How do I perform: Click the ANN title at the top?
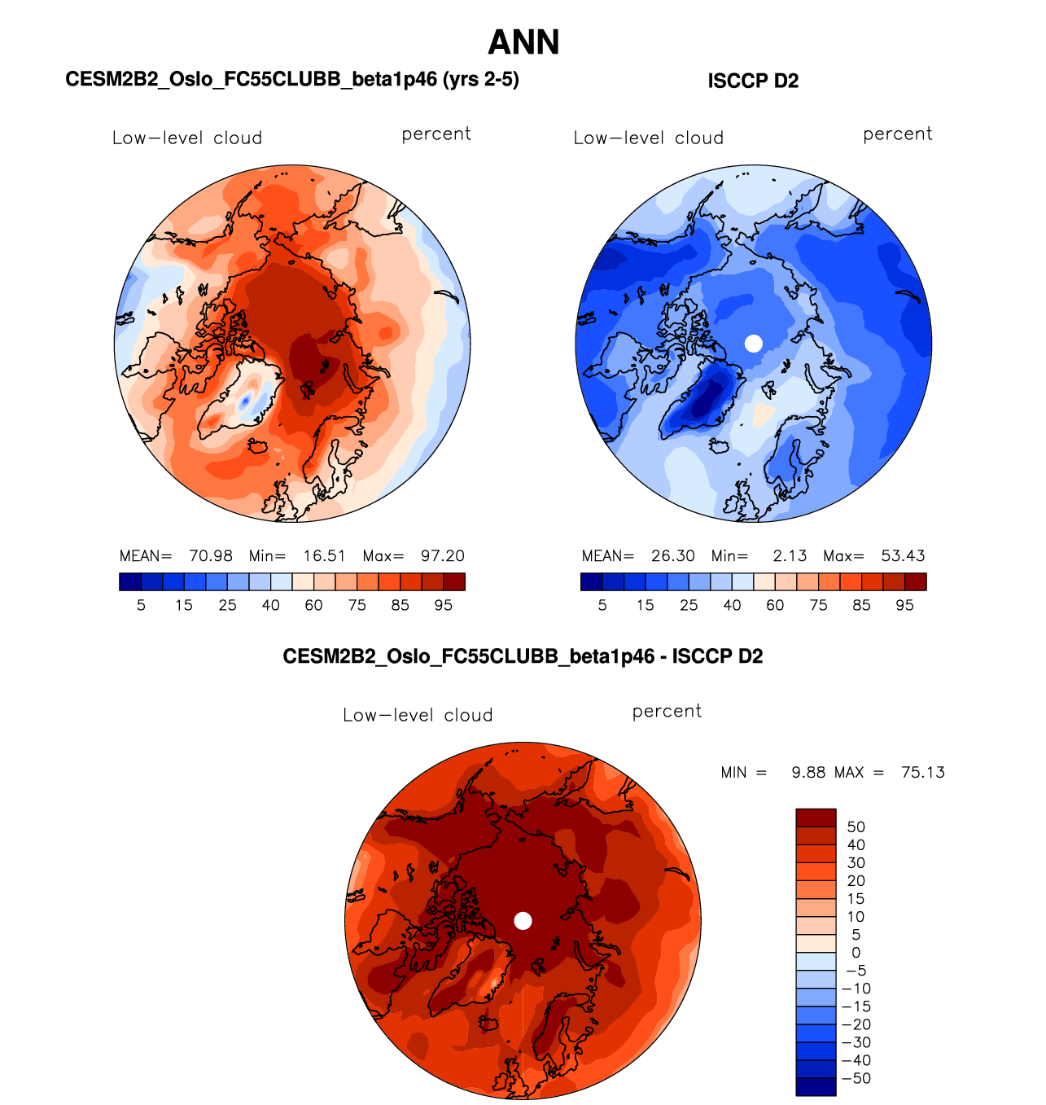pyautogui.click(x=523, y=42)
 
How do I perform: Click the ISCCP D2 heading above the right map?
pyautogui.click(x=753, y=81)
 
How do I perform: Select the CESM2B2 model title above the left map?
pyautogui.click(x=291, y=79)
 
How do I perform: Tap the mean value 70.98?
pyautogui.click(x=211, y=556)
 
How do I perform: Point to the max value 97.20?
pyautogui.click(x=443, y=556)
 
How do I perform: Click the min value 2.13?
pyautogui.click(x=790, y=556)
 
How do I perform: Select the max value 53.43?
pyautogui.click(x=903, y=556)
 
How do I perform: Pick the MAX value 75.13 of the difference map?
pyautogui.click(x=923, y=772)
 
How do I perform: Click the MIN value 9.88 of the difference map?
pyautogui.click(x=808, y=772)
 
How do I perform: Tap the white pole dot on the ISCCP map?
pyautogui.click(x=754, y=344)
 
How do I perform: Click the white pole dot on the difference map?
pyautogui.click(x=523, y=921)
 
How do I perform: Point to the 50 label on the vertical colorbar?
pyautogui.click(x=856, y=827)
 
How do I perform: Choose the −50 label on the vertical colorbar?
pyautogui.click(x=856, y=1078)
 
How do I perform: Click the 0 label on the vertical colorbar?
pyautogui.click(x=856, y=953)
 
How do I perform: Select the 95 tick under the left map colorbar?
pyautogui.click(x=443, y=605)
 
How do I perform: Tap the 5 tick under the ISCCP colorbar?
pyautogui.click(x=602, y=605)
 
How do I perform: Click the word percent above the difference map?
pyautogui.click(x=667, y=711)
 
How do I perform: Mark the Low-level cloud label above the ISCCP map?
pyautogui.click(x=649, y=138)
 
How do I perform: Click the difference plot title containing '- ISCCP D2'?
pyautogui.click(x=523, y=656)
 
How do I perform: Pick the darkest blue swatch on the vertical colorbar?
pyautogui.click(x=816, y=1087)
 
